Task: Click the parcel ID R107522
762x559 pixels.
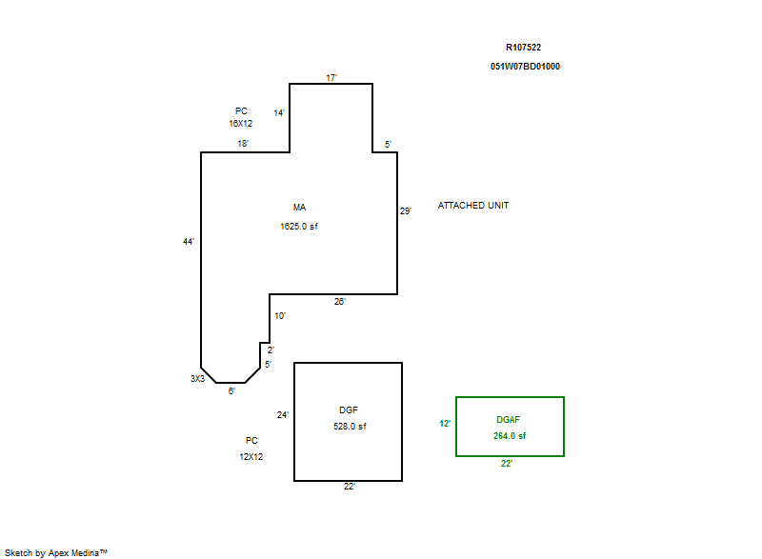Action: (523, 47)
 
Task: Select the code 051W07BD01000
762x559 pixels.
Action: (525, 67)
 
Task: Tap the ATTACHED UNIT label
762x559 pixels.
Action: (472, 206)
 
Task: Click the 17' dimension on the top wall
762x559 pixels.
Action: (331, 78)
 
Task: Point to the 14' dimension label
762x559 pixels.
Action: (279, 113)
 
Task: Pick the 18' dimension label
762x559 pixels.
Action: (243, 143)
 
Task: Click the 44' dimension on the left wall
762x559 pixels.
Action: (189, 241)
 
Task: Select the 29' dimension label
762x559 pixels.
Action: (406, 210)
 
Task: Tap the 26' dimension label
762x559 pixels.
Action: (339, 302)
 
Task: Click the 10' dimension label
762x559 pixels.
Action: (280, 315)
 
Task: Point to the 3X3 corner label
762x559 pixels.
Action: (197, 379)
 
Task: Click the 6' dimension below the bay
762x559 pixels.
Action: (231, 391)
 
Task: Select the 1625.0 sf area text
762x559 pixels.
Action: (299, 227)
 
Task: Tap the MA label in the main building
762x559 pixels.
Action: (299, 208)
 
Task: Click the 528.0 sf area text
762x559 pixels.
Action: (350, 427)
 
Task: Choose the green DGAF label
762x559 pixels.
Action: (508, 420)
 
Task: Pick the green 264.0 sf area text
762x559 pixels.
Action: (510, 436)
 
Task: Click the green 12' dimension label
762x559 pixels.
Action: (445, 424)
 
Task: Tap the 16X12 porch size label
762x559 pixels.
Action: (241, 124)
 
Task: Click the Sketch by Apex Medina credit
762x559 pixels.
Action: (56, 552)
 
